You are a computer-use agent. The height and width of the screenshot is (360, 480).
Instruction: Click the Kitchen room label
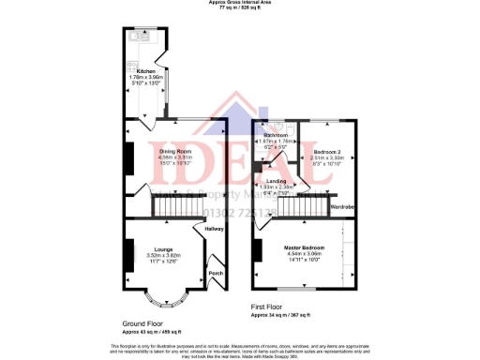tap(146, 70)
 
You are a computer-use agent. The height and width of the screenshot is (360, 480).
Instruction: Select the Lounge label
tap(162, 248)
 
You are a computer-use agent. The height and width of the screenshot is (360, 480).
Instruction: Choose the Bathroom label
tap(276, 136)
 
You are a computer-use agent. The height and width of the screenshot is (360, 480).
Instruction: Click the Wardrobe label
tap(342, 205)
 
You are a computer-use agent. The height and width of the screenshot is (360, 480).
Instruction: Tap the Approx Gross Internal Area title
tap(239, 4)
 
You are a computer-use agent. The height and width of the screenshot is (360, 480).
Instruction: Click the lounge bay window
tap(160, 299)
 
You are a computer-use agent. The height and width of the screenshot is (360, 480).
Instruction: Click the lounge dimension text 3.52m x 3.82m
tap(162, 255)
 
